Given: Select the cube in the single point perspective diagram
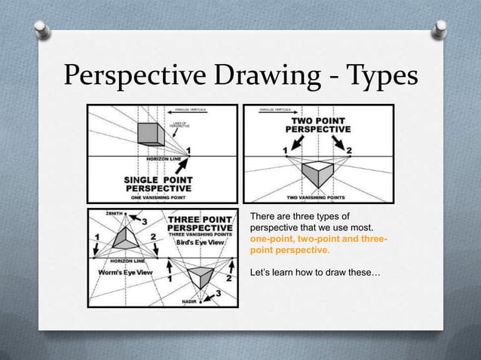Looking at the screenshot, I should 150,134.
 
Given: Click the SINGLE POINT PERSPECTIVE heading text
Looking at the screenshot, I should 158,184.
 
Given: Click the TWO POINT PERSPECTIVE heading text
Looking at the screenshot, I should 317,124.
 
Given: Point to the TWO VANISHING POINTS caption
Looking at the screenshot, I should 317,197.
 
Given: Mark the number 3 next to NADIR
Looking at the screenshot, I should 219,293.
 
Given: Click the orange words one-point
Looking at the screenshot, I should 271,239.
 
